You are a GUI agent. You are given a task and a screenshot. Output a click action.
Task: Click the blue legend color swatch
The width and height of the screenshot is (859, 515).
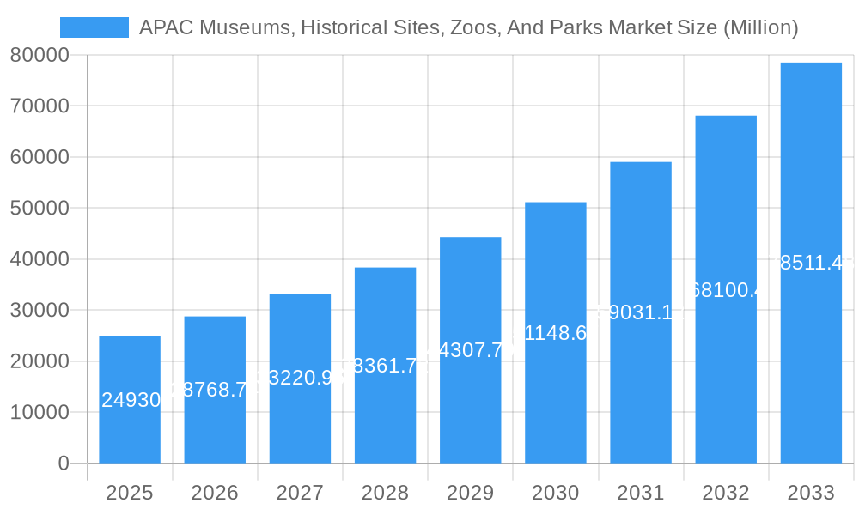(x=94, y=27)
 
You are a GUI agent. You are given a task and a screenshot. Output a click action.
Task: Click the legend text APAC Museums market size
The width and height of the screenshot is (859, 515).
(x=468, y=27)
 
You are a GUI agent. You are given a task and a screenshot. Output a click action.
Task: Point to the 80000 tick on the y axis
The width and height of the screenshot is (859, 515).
(x=40, y=55)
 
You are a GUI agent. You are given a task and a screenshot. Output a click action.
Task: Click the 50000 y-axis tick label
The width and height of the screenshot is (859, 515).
(x=40, y=209)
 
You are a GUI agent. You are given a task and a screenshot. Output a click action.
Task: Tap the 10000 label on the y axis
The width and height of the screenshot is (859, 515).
(x=40, y=413)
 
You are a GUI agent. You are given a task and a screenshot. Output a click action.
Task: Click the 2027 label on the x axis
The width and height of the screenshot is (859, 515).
(x=300, y=493)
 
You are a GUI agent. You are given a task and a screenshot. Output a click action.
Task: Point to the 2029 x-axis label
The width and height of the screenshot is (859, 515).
(x=470, y=493)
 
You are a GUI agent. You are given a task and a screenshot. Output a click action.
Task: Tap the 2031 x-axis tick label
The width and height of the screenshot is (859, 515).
(x=640, y=493)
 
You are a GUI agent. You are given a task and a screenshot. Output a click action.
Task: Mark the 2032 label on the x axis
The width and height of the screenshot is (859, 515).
(x=726, y=493)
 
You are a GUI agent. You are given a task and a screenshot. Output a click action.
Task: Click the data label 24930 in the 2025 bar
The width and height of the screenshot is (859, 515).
(x=131, y=400)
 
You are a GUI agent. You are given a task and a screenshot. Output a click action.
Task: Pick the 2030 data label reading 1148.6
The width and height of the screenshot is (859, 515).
(x=555, y=333)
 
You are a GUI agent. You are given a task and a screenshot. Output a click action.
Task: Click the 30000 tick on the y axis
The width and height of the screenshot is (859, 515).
(x=40, y=311)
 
